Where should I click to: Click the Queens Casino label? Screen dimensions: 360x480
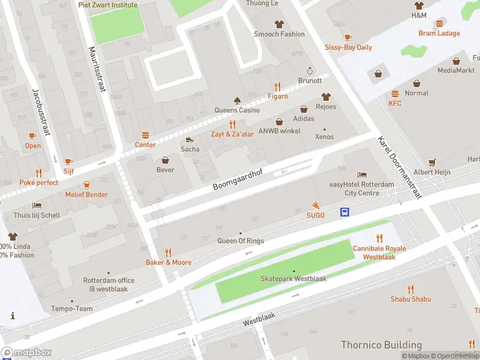tap(237, 110)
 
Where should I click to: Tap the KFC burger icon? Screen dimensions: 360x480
tap(395, 94)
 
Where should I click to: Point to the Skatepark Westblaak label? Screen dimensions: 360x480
tap(293, 279)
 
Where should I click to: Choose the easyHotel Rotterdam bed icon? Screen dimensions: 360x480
tap(362, 175)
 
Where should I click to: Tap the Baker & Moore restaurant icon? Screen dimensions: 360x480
tap(168, 253)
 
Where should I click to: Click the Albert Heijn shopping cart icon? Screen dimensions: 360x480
tap(432, 163)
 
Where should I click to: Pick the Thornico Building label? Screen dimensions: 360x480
tap(381, 345)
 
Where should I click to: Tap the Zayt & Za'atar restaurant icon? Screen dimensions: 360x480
tap(232, 125)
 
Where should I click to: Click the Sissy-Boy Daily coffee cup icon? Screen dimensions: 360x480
tap(348, 37)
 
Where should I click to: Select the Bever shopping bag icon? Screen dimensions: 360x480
tap(165, 160)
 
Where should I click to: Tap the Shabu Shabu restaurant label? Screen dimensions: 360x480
tap(410, 299)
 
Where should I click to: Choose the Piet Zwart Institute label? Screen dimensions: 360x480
tap(107, 5)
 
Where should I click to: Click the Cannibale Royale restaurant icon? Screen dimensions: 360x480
tap(379, 239)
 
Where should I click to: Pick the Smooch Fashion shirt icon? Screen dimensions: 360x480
tap(279, 24)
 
